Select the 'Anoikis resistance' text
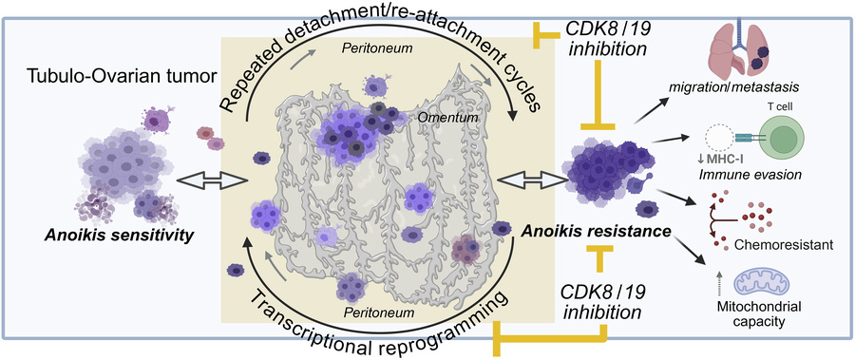coord(585,231)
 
